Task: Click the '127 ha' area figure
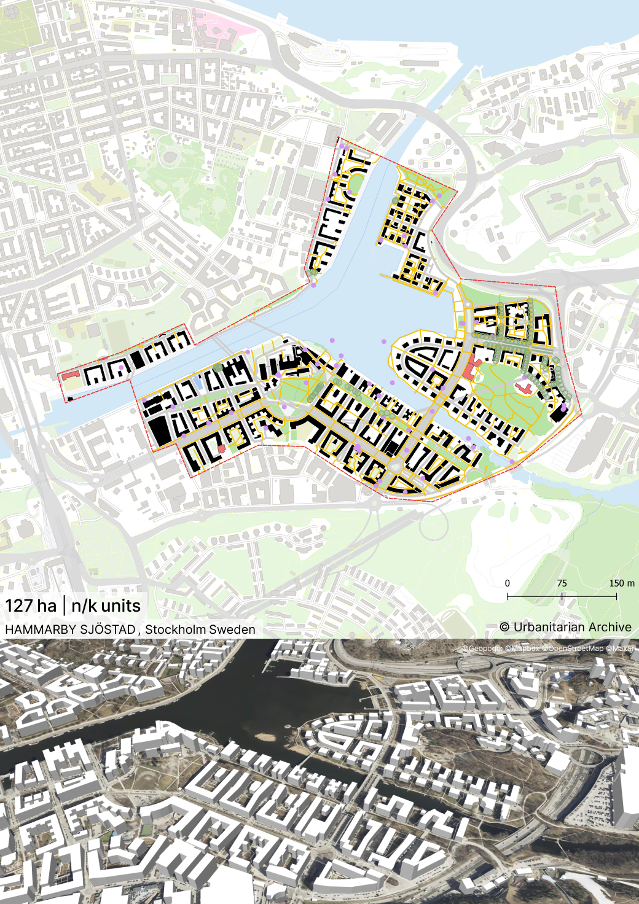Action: point(31,606)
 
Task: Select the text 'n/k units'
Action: point(106,606)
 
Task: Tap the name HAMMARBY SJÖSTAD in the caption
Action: point(70,629)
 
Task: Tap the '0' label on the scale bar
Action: point(508,583)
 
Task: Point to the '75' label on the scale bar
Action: point(562,583)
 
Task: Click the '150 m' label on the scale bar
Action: point(621,583)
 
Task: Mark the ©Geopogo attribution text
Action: point(482,649)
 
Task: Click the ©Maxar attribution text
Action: point(621,649)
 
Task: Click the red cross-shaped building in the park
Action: point(525,388)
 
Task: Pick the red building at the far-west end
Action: point(71,374)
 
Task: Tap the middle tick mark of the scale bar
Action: point(562,596)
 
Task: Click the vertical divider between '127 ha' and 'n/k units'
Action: point(64,606)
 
